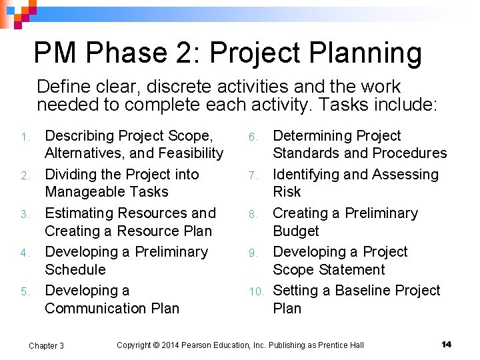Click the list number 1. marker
[x=25, y=137]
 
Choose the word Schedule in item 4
[x=75, y=270]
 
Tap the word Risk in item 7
[x=287, y=192]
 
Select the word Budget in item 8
[x=296, y=231]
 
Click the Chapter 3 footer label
[x=46, y=345]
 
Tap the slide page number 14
[x=447, y=344]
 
